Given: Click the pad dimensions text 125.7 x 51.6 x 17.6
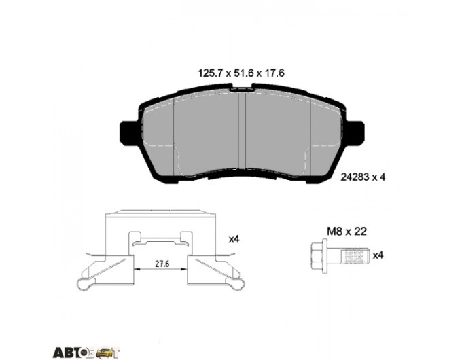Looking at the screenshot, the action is pos(242,73).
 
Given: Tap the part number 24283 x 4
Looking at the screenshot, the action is pos(363,177).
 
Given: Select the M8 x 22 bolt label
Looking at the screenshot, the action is pos(346,232).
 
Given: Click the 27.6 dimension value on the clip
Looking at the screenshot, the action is pos(162,264).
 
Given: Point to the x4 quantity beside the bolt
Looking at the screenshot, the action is pos(378,255).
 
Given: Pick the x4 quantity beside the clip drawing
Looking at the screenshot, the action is pos(234,240).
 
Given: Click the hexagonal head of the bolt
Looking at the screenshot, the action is pos(317,255).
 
